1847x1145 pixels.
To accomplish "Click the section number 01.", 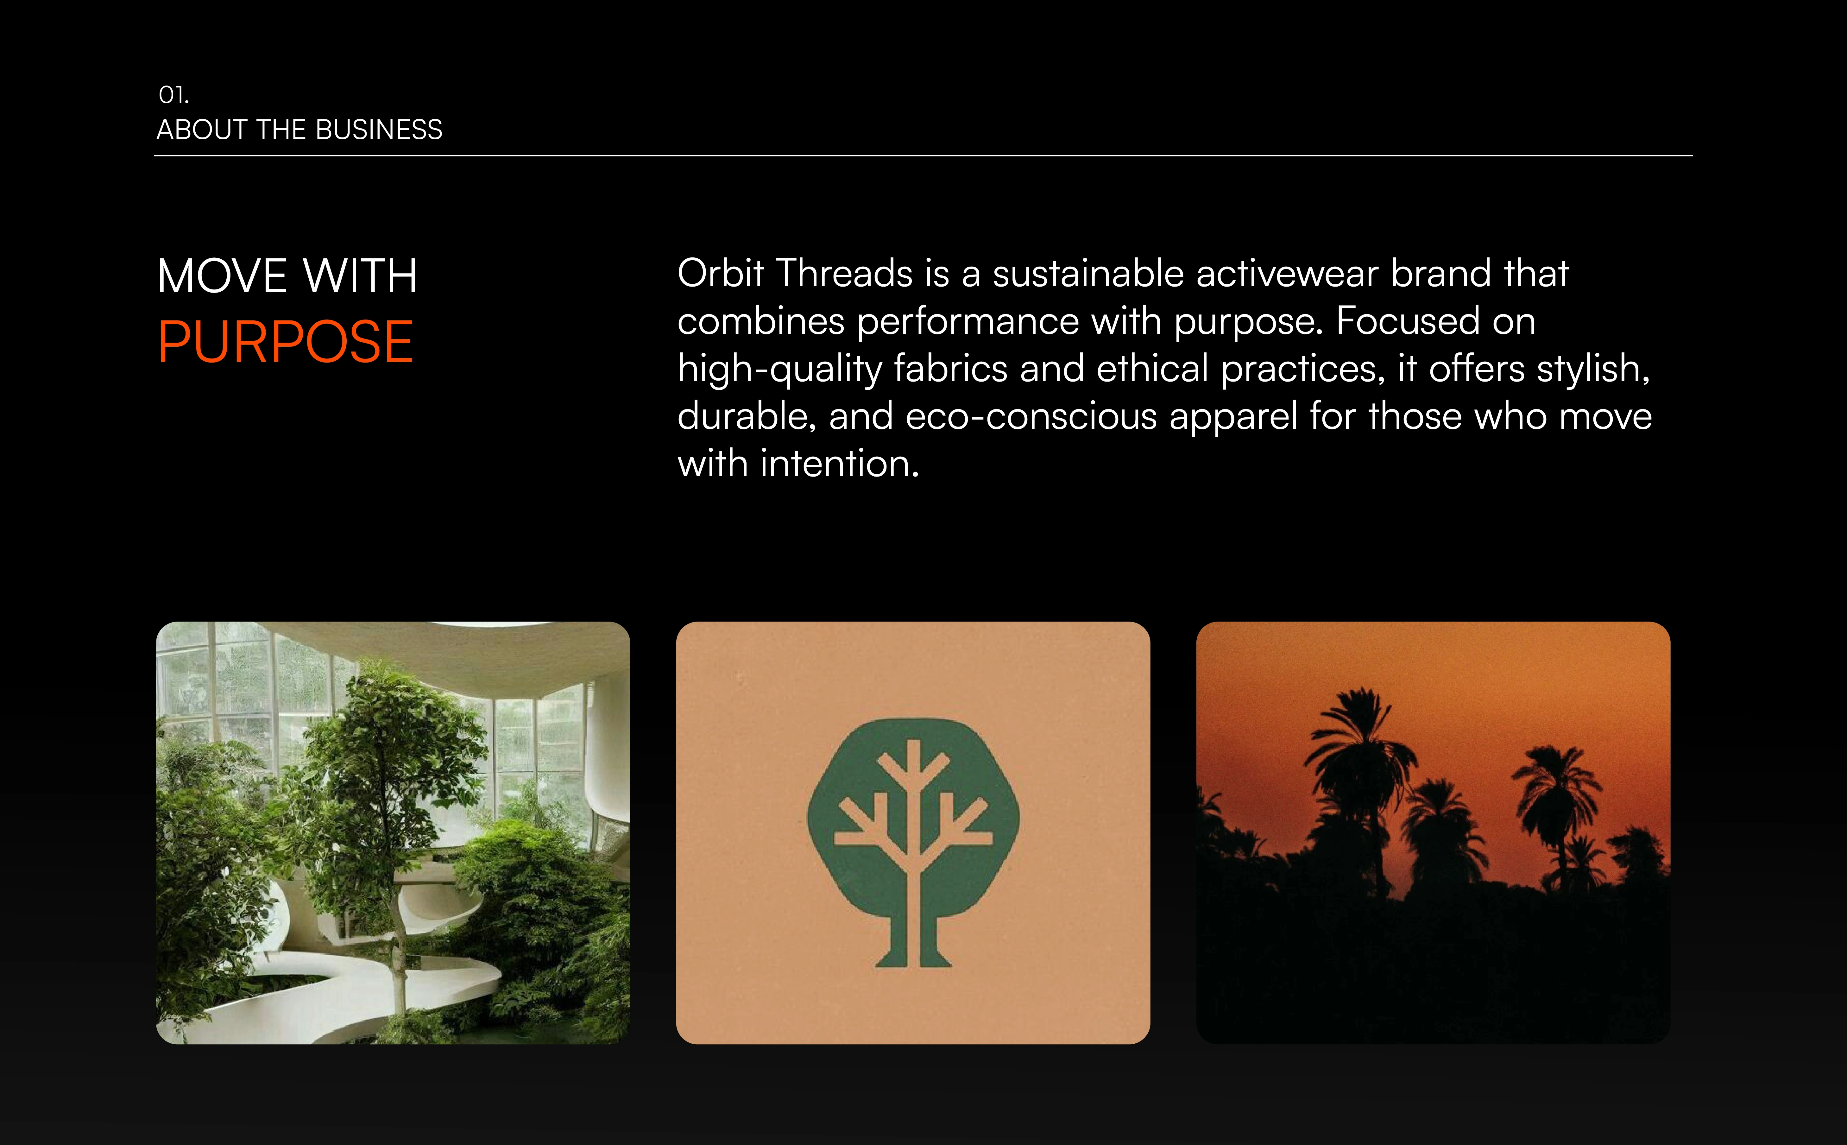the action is pyautogui.click(x=173, y=95).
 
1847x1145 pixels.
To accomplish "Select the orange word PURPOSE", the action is pyautogui.click(x=285, y=342).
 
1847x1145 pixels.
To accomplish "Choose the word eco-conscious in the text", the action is pyautogui.click(x=1031, y=416).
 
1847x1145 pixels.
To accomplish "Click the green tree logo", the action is pyautogui.click(x=913, y=842).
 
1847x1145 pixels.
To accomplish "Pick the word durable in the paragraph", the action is pyautogui.click(x=747, y=416).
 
